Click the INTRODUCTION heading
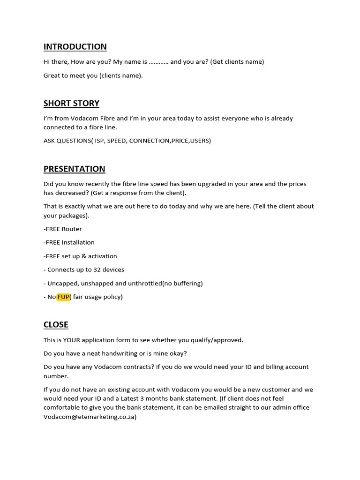pyautogui.click(x=75, y=46)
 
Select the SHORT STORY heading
pyautogui.click(x=71, y=103)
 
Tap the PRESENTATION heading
pyautogui.click(x=74, y=169)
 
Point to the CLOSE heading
pyautogui.click(x=56, y=324)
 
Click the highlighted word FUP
pyautogui.click(x=63, y=297)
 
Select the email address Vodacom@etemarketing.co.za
pyautogui.click(x=89, y=416)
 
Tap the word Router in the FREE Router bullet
pyautogui.click(x=72, y=229)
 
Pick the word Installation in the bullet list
pyautogui.click(x=78, y=242)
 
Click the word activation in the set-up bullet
pyautogui.click(x=103, y=256)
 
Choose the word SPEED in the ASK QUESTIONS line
pyautogui.click(x=116, y=141)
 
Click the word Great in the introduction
pyautogui.click(x=52, y=75)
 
